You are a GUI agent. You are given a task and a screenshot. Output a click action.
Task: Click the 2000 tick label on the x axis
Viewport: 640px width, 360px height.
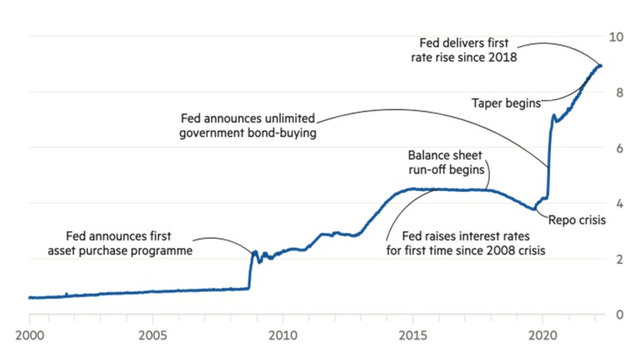pyautogui.click(x=30, y=334)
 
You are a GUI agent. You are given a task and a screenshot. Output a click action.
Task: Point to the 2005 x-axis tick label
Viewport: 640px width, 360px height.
pyautogui.click(x=155, y=334)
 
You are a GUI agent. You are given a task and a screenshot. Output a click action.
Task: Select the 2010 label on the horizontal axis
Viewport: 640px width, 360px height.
pyautogui.click(x=281, y=334)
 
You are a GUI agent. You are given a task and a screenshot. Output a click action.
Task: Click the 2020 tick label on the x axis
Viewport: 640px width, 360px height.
pyautogui.click(x=541, y=334)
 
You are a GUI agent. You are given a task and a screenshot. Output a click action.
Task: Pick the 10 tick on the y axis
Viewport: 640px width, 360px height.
pyautogui.click(x=619, y=37)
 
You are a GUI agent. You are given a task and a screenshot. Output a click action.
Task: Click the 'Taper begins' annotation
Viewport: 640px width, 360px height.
pyautogui.click(x=505, y=102)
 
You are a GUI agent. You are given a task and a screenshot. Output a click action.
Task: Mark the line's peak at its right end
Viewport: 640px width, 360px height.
pyautogui.click(x=600, y=65)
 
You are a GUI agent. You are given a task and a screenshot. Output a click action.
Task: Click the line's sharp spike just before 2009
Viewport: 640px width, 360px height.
pyautogui.click(x=254, y=252)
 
